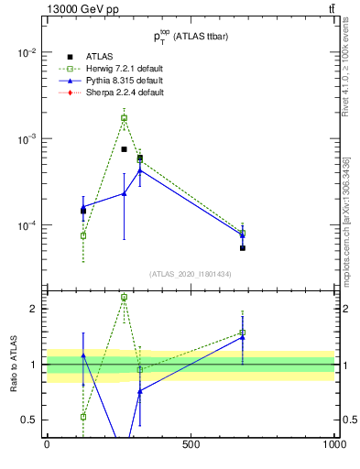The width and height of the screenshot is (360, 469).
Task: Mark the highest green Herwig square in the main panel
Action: pyautogui.click(x=124, y=118)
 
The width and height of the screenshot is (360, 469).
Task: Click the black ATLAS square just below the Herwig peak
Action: pyautogui.click(x=124, y=149)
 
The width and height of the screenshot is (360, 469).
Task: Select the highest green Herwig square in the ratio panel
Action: pyautogui.click(x=124, y=298)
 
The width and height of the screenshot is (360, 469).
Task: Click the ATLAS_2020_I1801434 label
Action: pyautogui.click(x=191, y=274)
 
